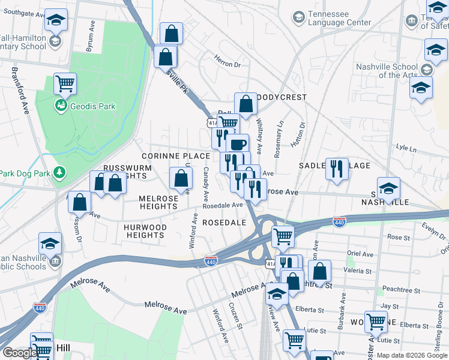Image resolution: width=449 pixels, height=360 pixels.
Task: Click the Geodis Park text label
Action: [x=93, y=106]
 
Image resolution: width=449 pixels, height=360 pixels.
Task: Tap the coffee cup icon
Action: [x=237, y=145]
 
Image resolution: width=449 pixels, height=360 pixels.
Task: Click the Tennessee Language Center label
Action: [x=339, y=19]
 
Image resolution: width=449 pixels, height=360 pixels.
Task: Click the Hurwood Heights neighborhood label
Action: [x=145, y=231]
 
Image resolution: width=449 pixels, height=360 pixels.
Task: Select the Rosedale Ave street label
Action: [x=222, y=205]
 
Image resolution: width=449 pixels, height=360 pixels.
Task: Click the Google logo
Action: [x=19, y=353]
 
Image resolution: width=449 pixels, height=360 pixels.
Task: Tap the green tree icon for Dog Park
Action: [x=59, y=173]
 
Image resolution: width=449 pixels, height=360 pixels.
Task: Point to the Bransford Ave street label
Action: [x=19, y=90]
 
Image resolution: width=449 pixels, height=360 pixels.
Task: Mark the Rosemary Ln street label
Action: [x=279, y=139]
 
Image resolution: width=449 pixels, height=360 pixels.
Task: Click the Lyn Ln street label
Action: [x=406, y=148]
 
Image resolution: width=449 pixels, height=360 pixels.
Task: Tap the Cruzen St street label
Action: [x=235, y=316]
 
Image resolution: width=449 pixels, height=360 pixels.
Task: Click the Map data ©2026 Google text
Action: [x=411, y=355]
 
